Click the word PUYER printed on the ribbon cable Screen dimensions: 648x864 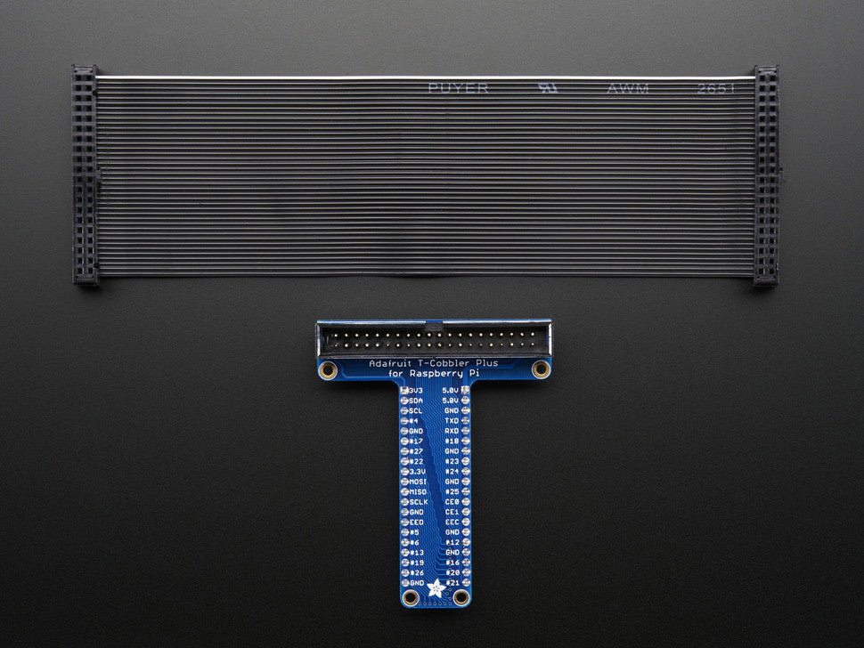tap(458, 88)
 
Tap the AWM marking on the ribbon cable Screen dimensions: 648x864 tap(628, 88)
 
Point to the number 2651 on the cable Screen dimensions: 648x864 tap(717, 89)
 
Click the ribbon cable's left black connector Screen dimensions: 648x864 tap(85, 174)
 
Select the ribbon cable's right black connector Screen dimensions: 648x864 tap(766, 174)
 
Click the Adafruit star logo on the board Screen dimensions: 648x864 tap(436, 587)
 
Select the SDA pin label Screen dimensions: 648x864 tap(416, 401)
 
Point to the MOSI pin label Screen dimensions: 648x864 tap(418, 482)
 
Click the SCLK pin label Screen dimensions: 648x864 tap(418, 502)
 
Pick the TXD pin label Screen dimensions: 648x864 tap(452, 420)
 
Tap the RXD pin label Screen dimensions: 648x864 tap(452, 431)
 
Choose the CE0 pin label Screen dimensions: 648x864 tap(452, 502)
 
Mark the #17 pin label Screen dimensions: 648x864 tap(416, 441)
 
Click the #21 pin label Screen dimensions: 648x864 tap(452, 583)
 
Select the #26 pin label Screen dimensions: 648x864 tap(416, 572)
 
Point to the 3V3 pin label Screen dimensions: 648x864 tap(415, 391)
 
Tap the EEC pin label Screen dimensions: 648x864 tap(452, 522)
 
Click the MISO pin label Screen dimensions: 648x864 tap(418, 492)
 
